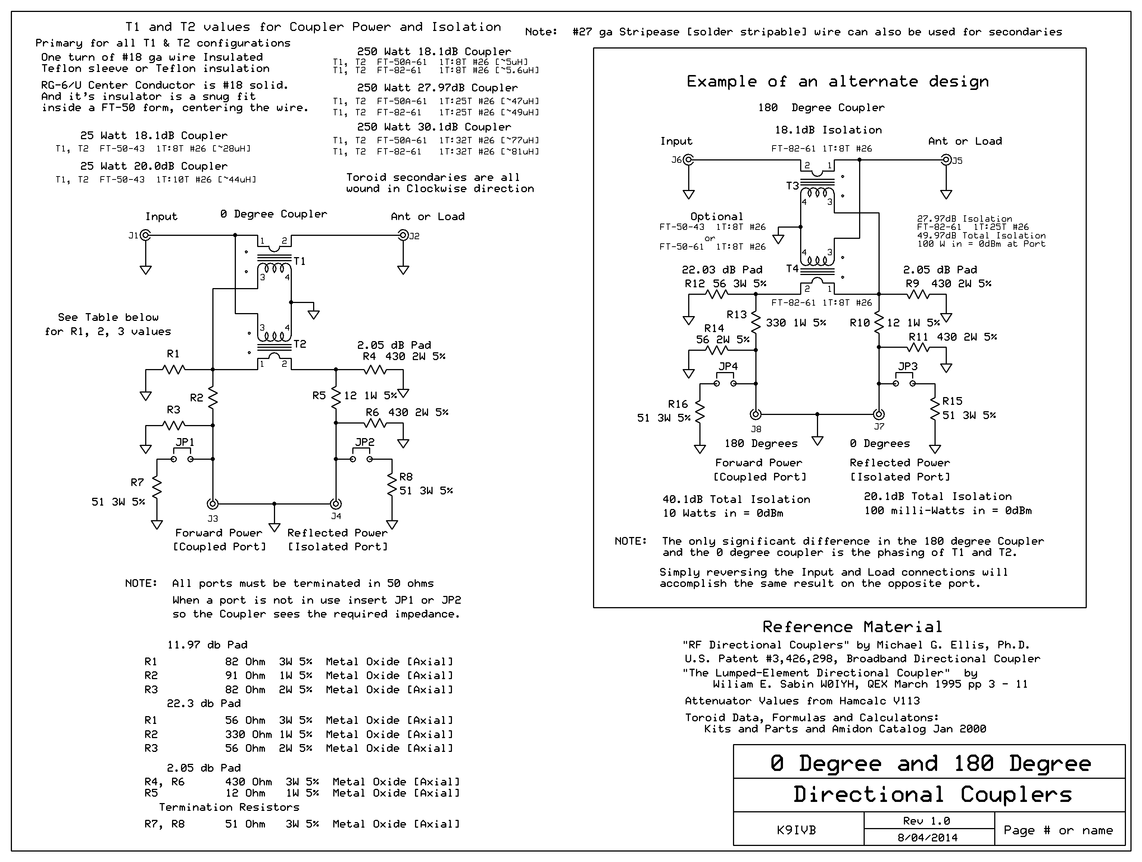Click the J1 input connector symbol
[x=146, y=235]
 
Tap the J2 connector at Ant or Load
[x=403, y=235]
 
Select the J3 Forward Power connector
[x=212, y=504]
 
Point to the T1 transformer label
[x=299, y=261]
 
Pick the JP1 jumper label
[x=185, y=442]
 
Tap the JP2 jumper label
[x=365, y=442]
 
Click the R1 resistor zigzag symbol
[x=174, y=369]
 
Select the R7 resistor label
[x=137, y=482]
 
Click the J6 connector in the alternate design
[x=688, y=160]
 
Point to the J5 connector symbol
[x=946, y=160]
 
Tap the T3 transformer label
[x=792, y=185]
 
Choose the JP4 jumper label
[x=728, y=366]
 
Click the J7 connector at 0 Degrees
[x=879, y=414]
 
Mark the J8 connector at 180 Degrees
[x=755, y=414]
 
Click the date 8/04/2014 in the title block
[x=928, y=837]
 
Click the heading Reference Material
[x=852, y=627]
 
